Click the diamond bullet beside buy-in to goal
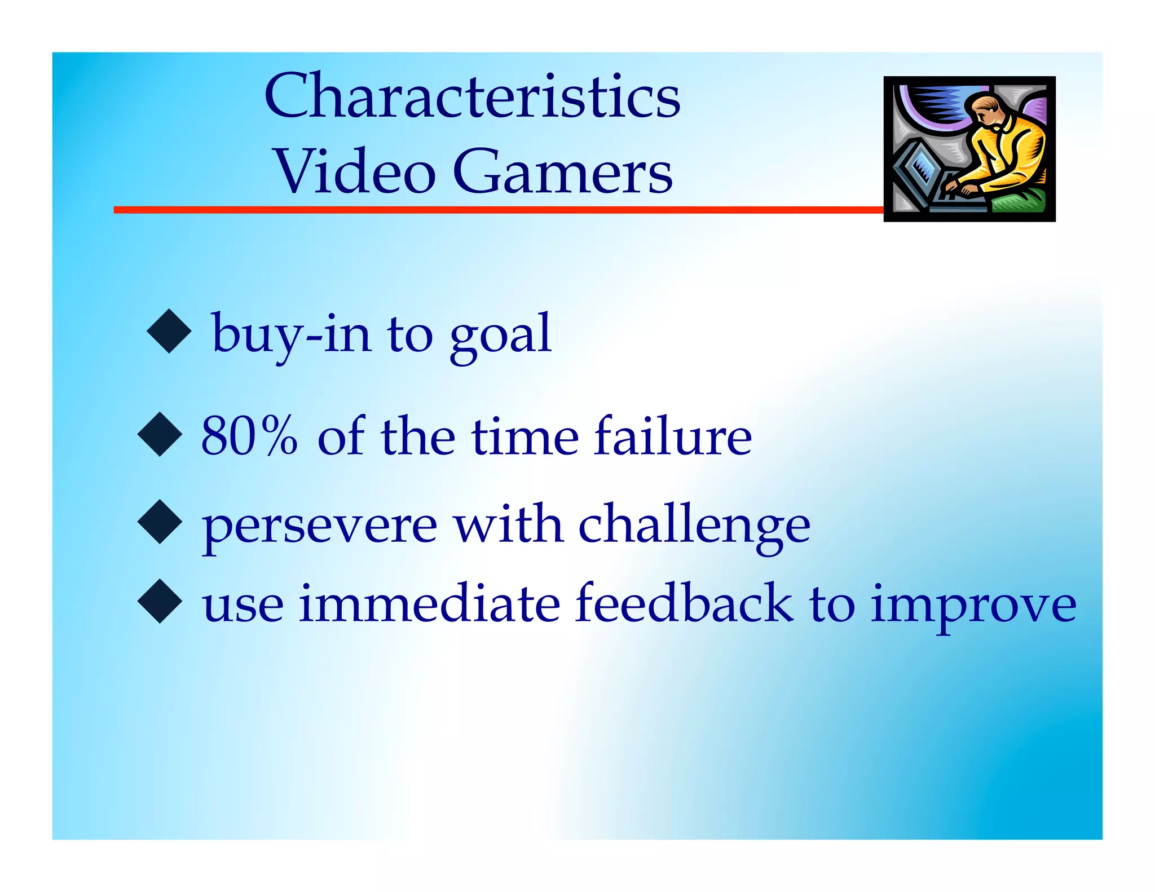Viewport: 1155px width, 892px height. point(169,332)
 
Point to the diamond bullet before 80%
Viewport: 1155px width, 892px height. point(160,434)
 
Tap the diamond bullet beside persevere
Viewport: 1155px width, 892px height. point(160,522)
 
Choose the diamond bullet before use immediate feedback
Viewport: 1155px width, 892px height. point(160,601)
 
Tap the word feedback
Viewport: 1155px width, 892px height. point(684,603)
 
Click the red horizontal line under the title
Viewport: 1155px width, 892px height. point(496,210)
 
